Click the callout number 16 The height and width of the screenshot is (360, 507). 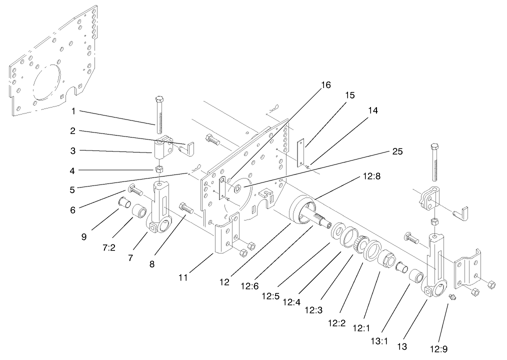(x=325, y=85)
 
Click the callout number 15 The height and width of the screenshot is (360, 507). (x=350, y=95)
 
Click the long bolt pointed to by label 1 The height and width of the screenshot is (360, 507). (x=159, y=115)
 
